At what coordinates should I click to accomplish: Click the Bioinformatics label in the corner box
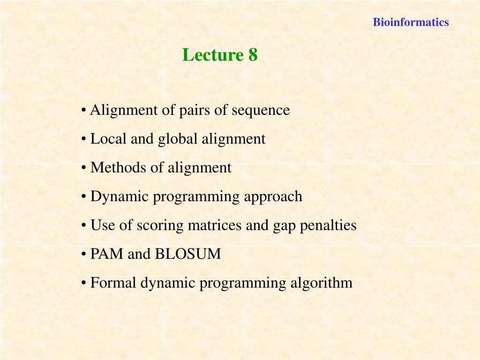[x=411, y=22]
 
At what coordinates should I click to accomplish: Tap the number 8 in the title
[x=253, y=55]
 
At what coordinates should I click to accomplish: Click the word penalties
[x=328, y=225]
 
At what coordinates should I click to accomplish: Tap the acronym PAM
[x=107, y=254]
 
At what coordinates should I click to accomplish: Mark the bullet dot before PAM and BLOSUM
[x=83, y=255]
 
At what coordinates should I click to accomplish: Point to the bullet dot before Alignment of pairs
[x=83, y=111]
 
